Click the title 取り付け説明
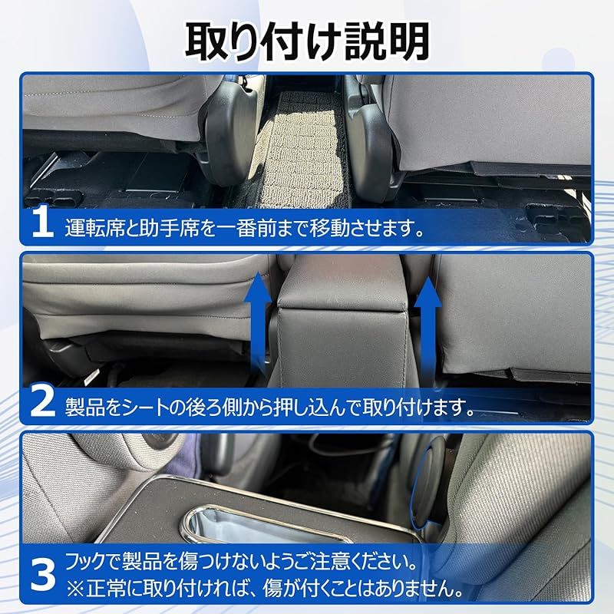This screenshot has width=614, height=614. point(307,40)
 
